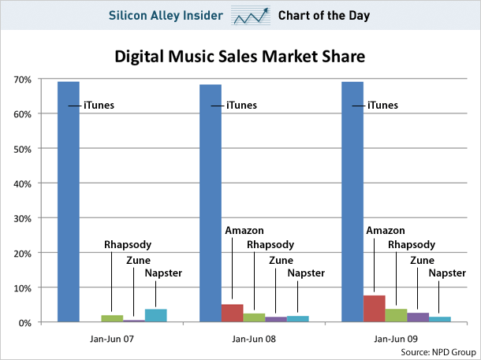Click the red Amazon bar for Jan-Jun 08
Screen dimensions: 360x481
click(x=232, y=314)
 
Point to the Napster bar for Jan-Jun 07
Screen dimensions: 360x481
click(x=155, y=315)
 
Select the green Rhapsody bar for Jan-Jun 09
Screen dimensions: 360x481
click(x=396, y=315)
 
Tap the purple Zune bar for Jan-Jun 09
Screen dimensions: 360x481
click(x=418, y=317)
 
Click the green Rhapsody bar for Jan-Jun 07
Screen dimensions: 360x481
click(x=113, y=318)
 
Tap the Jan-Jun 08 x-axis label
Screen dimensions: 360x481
click(x=254, y=340)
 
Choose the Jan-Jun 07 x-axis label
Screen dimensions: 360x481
click(x=112, y=340)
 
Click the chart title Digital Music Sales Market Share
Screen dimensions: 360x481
click(x=241, y=57)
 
